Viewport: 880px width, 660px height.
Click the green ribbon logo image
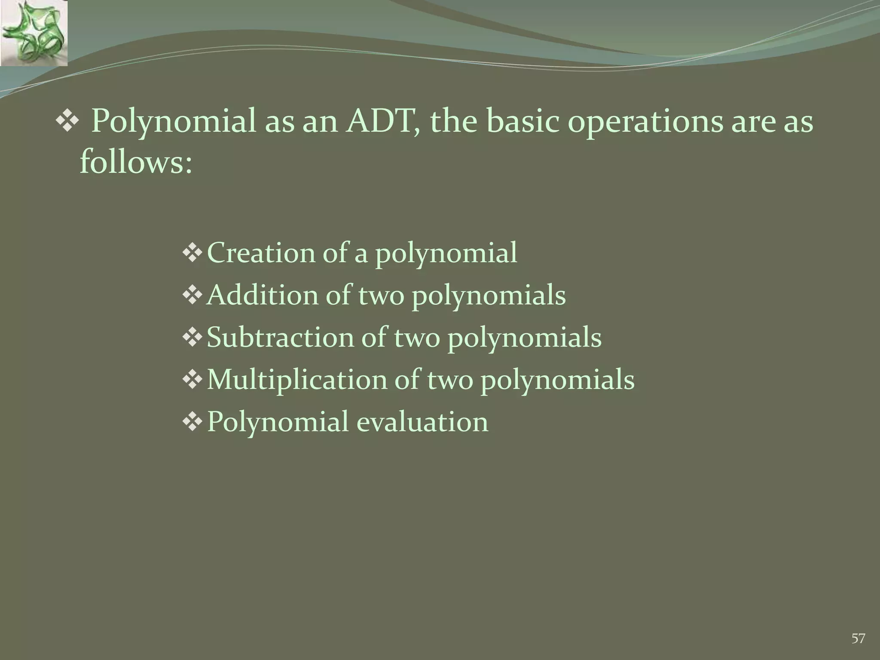34,33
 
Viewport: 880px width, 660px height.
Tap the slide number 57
858,638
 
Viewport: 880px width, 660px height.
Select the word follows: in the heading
136,163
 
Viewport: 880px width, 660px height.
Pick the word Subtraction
280,338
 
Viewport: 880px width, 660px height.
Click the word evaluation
422,422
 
